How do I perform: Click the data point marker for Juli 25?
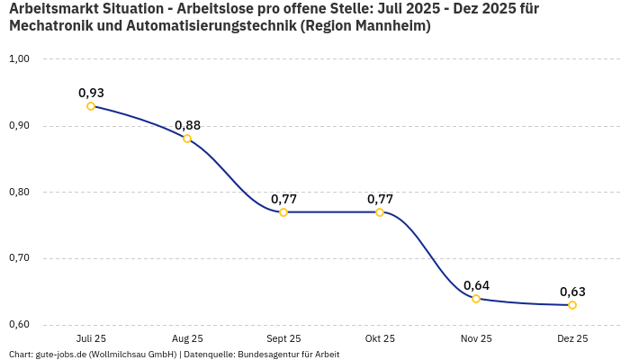tap(91, 106)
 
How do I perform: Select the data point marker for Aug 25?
tap(187, 139)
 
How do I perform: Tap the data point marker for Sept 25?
tap(283, 212)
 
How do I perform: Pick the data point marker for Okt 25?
tap(380, 212)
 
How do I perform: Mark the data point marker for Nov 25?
tap(476, 299)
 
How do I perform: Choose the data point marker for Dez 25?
tap(572, 305)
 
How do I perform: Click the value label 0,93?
tap(91, 93)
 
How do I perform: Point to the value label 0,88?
tap(187, 125)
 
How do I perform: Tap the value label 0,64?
tap(476, 285)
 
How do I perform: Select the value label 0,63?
tap(572, 292)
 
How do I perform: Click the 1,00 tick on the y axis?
tap(19, 59)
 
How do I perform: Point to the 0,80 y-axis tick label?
tap(19, 192)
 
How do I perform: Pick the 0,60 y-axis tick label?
tap(19, 325)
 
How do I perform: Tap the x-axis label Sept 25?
tap(283, 339)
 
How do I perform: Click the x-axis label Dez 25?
tap(572, 339)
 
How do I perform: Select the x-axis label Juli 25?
tap(91, 339)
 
